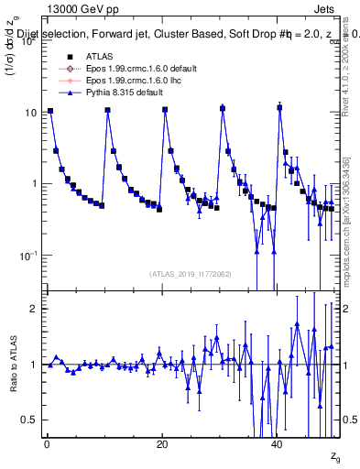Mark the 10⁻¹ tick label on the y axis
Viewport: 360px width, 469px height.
pyautogui.click(x=28, y=255)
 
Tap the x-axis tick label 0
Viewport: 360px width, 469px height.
pyautogui.click(x=47, y=443)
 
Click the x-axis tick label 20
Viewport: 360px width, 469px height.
pyautogui.click(x=162, y=443)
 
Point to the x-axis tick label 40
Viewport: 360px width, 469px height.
pyautogui.click(x=278, y=443)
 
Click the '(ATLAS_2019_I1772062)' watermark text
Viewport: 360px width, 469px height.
pyautogui.click(x=191, y=274)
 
